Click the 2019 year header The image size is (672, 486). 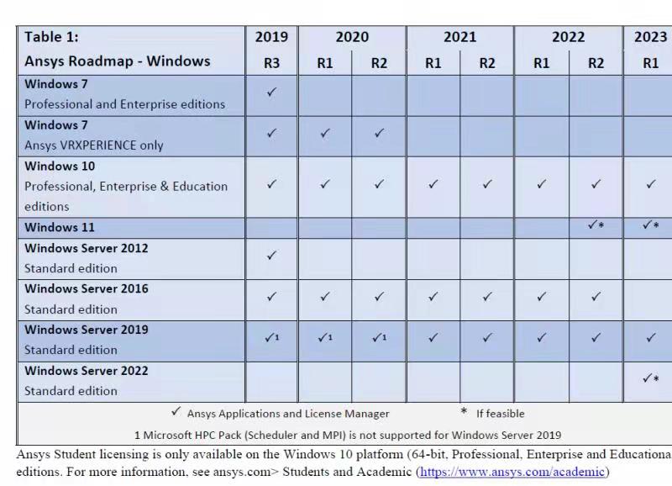pyautogui.click(x=270, y=37)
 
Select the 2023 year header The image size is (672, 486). pyautogui.click(x=650, y=37)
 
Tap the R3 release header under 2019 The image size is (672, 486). pyautogui.click(x=270, y=63)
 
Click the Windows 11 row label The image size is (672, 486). pyautogui.click(x=60, y=227)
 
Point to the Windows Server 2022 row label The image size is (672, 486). pyautogui.click(x=87, y=371)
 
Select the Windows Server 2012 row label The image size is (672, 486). pyautogui.click(x=87, y=248)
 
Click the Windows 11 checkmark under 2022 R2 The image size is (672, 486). pyautogui.click(x=596, y=225)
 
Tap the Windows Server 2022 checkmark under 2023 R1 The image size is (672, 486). pyautogui.click(x=650, y=378)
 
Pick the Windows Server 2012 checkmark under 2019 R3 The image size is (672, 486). pyautogui.click(x=270, y=256)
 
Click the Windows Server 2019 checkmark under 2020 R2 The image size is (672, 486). pyautogui.click(x=379, y=338)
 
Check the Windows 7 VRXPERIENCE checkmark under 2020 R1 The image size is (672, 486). pyautogui.click(x=325, y=133)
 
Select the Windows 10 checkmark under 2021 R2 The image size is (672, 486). pyautogui.click(x=487, y=184)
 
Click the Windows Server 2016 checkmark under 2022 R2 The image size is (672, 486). pyautogui.click(x=596, y=297)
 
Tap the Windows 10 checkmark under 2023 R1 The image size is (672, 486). pyautogui.click(x=650, y=184)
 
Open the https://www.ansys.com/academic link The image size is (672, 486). pyautogui.click(x=512, y=472)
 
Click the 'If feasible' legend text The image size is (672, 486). pyautogui.click(x=500, y=414)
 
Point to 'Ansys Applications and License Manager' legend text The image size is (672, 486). pyautogui.click(x=288, y=414)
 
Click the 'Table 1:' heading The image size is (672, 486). pyautogui.click(x=52, y=36)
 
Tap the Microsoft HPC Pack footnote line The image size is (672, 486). pyautogui.click(x=348, y=435)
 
